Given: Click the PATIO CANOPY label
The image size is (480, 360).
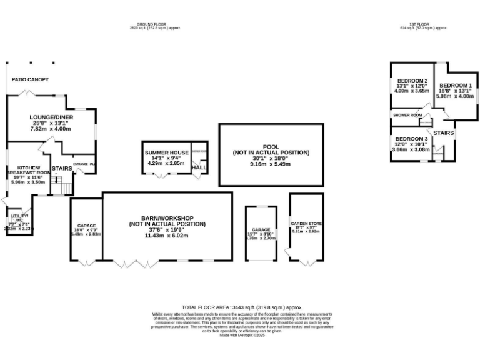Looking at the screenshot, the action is click(30, 79).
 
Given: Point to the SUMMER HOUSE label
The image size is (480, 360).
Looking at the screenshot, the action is click(167, 152).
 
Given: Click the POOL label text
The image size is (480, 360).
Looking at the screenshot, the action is click(271, 147).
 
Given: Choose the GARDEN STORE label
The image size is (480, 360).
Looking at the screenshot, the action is click(306, 223).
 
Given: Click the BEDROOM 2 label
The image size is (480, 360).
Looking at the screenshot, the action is click(412, 81).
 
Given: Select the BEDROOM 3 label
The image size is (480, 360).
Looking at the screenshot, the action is click(411, 138).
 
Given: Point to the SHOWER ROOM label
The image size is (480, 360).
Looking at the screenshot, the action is click(407, 115).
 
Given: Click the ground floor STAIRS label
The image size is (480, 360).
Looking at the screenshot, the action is click(62, 169).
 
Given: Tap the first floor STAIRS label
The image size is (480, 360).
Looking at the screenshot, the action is click(444, 133).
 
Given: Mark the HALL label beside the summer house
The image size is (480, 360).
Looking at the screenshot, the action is click(199, 167).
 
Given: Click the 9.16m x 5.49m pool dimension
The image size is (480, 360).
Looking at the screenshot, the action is click(271, 164).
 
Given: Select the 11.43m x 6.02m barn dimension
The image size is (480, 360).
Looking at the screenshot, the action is click(167, 236).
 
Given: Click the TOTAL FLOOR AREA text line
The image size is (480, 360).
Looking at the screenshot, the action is click(242, 307).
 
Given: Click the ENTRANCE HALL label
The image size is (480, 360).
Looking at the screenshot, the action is click(84, 164).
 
